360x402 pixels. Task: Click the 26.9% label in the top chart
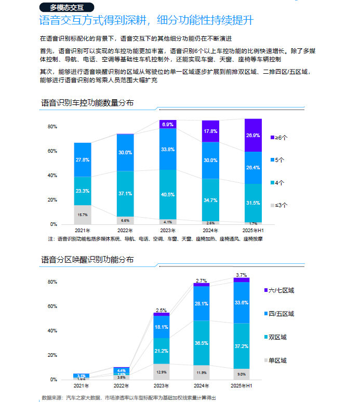[253, 136]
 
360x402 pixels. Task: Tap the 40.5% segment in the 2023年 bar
[168, 194]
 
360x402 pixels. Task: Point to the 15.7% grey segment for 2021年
[83, 215]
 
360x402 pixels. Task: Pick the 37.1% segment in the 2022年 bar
[125, 193]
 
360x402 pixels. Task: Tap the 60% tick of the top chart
[52, 151]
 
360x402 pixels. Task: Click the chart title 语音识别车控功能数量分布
[87, 103]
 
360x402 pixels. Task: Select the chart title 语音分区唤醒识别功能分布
[87, 259]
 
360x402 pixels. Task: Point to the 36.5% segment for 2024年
[202, 343]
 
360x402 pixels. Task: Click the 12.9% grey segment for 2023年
[162, 372]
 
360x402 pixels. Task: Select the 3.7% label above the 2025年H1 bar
[242, 275]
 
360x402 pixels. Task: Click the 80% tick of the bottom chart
[52, 282]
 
